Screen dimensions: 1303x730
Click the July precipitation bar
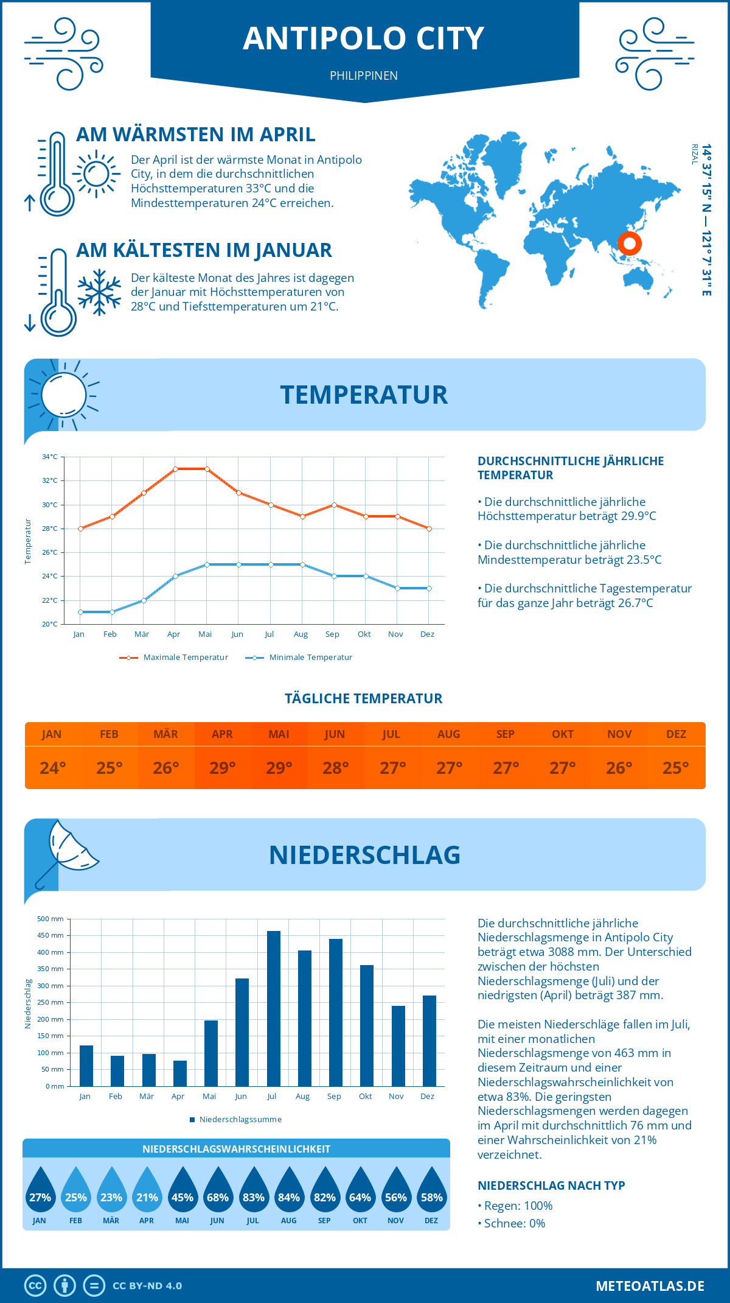[x=274, y=1008]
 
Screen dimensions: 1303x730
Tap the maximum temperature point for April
[x=175, y=469]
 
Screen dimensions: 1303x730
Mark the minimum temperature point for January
[x=80, y=612]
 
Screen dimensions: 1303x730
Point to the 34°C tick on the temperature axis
[x=50, y=457]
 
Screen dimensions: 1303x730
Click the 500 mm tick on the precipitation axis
[x=50, y=919]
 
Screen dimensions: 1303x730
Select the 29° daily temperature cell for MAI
[x=279, y=768]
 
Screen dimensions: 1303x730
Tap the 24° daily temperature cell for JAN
[x=53, y=768]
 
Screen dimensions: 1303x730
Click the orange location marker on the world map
[x=630, y=244]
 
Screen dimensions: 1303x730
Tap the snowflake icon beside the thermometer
[x=99, y=292]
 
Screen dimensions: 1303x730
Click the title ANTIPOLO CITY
[x=364, y=38]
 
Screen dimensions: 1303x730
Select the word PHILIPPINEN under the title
[x=364, y=76]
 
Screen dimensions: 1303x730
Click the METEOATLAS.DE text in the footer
[x=650, y=1286]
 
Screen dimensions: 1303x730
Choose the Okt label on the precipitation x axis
[x=365, y=1096]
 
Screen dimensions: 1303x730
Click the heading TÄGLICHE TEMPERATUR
[x=364, y=698]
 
